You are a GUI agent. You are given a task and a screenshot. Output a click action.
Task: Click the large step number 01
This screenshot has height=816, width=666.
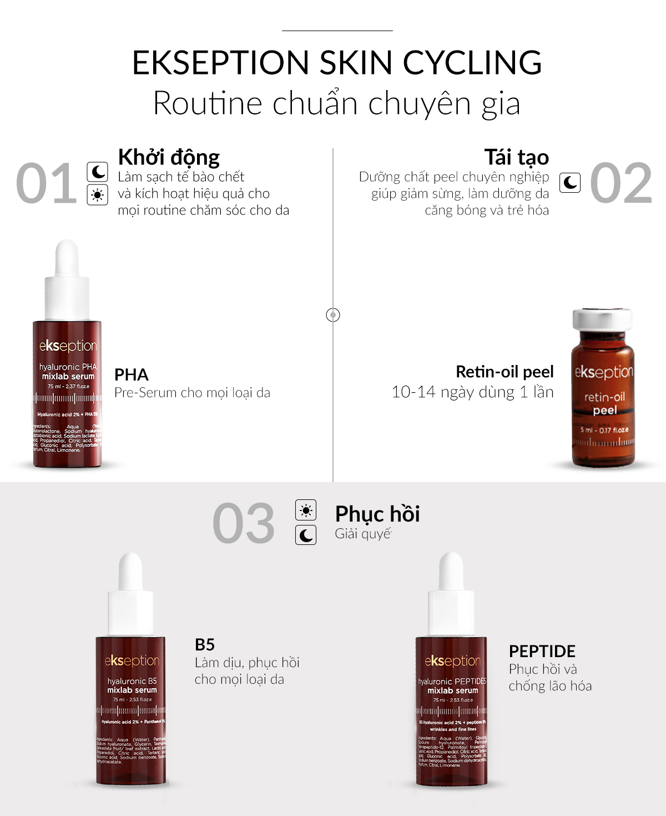(x=46, y=183)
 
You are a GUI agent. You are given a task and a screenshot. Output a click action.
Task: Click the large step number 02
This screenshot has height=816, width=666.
(x=620, y=183)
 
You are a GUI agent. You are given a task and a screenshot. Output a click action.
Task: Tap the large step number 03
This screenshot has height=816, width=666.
(x=244, y=523)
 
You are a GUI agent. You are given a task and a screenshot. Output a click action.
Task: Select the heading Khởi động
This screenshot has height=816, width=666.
(x=169, y=158)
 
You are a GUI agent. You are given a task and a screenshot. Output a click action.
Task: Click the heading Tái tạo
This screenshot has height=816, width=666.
(x=516, y=158)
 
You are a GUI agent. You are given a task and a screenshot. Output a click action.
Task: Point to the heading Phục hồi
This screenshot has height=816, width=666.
(x=377, y=514)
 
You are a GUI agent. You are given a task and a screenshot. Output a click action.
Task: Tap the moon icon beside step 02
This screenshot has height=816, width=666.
(x=570, y=182)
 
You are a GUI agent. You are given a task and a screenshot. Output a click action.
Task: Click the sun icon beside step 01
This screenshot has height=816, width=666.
(x=98, y=195)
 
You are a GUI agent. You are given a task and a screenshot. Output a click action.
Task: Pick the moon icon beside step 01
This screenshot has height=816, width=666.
(x=98, y=171)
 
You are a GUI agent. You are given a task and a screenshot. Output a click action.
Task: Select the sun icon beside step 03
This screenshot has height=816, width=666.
(x=306, y=510)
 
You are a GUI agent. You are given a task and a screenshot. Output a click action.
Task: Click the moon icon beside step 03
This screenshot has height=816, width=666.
(x=306, y=535)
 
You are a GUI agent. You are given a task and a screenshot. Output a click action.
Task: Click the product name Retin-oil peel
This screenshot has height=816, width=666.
(x=504, y=372)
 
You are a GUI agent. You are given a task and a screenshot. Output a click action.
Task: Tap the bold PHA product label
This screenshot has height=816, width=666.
(x=132, y=375)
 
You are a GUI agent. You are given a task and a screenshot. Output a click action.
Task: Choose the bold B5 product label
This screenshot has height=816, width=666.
(x=205, y=645)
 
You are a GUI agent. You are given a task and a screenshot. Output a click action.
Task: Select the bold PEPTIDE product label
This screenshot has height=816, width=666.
(x=542, y=652)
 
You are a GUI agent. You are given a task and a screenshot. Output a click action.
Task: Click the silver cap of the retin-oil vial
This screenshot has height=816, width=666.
(x=602, y=319)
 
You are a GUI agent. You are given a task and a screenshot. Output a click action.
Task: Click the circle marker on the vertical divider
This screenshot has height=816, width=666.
(x=333, y=315)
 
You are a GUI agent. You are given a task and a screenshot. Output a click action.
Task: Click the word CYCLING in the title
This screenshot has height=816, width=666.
(x=472, y=62)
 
